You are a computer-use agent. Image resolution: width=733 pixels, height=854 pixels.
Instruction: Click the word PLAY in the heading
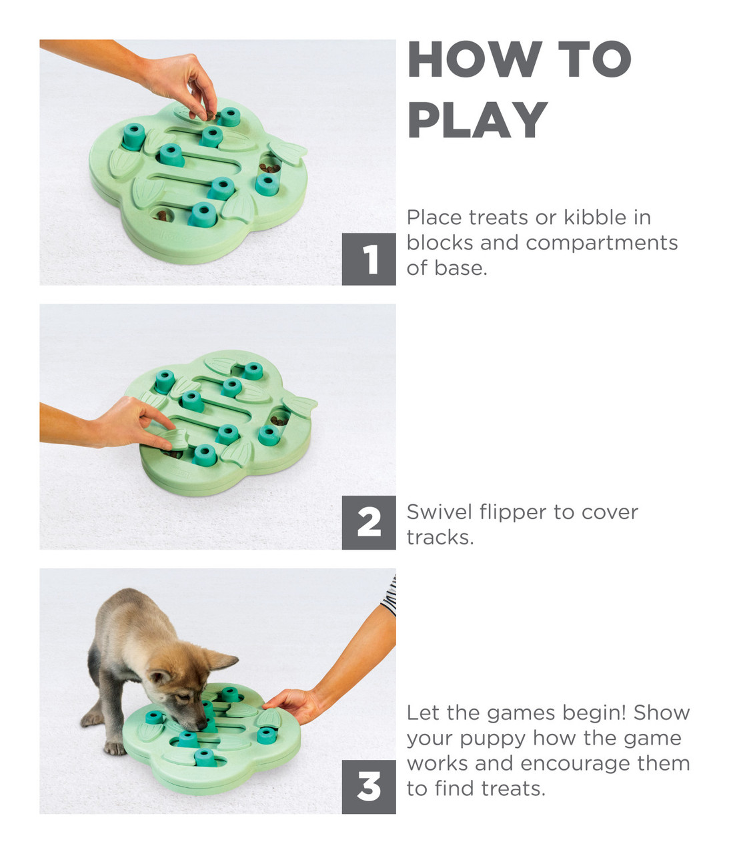point(478,120)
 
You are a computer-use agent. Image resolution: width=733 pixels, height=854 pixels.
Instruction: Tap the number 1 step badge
point(369,259)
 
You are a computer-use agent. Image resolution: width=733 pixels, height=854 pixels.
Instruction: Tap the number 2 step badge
point(369,522)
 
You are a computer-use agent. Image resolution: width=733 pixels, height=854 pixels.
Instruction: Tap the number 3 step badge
point(369,787)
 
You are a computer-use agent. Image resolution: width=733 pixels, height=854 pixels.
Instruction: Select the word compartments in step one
point(602,244)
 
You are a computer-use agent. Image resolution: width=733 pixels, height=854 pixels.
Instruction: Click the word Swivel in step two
point(440,512)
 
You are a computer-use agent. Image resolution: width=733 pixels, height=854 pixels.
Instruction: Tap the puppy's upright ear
point(220,660)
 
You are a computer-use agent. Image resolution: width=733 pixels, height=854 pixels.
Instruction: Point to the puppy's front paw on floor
point(115,748)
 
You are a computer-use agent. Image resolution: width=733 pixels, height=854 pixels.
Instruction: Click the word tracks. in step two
point(440,538)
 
